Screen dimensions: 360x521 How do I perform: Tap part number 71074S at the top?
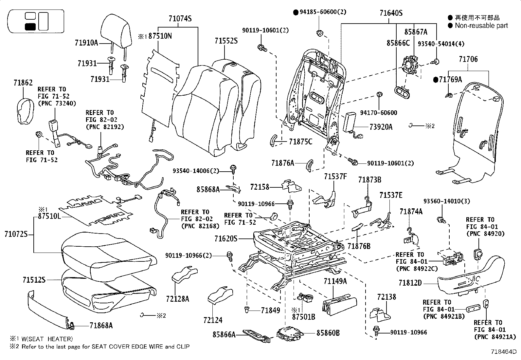[x=180, y=19]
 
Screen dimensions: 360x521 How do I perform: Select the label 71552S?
[x=226, y=41]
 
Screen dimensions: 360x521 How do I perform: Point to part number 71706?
[x=468, y=59]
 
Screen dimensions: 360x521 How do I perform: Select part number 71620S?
[x=226, y=239]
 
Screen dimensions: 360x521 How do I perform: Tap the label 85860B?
[x=328, y=333]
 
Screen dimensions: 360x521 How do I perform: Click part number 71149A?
[x=335, y=281]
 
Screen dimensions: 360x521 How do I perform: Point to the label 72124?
[x=213, y=320]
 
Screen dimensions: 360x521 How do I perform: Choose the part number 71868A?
[x=101, y=325]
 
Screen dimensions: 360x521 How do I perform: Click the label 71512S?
[x=34, y=280]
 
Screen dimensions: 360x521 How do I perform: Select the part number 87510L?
[x=49, y=217]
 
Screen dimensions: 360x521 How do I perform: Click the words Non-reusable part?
[x=481, y=26]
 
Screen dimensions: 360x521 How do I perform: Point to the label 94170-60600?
[x=379, y=113]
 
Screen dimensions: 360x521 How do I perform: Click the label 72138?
[x=386, y=297]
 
